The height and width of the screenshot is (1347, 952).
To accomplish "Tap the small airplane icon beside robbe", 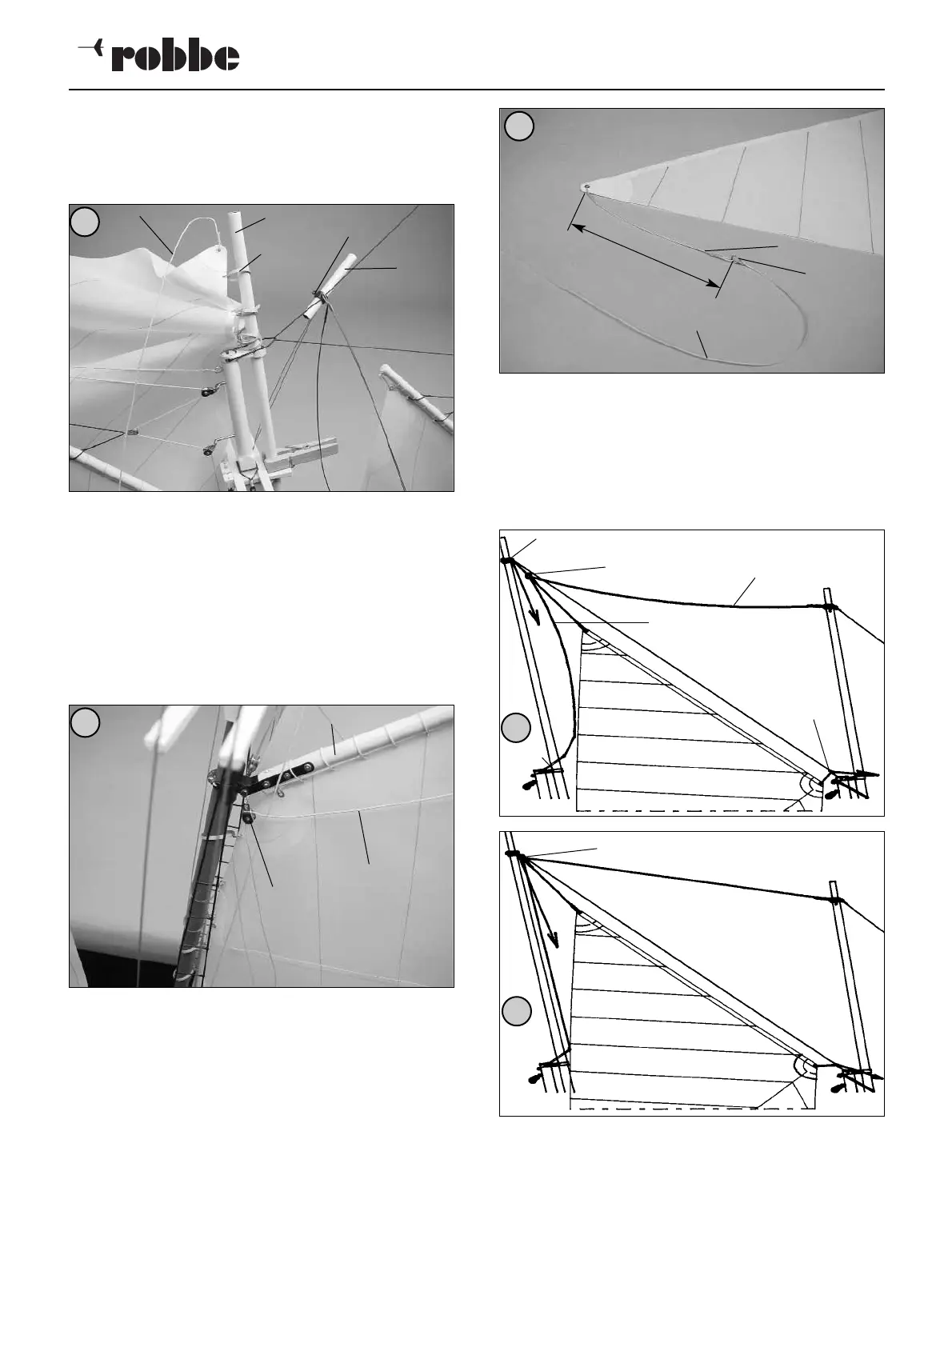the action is [x=90, y=49].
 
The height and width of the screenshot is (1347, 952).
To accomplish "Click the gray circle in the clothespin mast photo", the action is [x=84, y=222].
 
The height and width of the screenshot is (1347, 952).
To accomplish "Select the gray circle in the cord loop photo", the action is [x=519, y=126].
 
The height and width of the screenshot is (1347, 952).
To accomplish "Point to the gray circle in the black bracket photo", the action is [x=84, y=722].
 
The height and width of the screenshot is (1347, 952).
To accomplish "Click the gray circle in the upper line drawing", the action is [x=517, y=728].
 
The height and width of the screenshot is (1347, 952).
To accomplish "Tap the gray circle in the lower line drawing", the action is [x=517, y=1011].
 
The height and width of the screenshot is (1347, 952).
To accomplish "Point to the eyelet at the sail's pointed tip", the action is [x=586, y=188].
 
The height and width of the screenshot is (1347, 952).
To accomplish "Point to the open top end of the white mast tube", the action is [x=235, y=214].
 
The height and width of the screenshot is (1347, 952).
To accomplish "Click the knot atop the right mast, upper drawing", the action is [x=830, y=607].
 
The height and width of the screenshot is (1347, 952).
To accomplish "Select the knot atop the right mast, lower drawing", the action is [x=835, y=901].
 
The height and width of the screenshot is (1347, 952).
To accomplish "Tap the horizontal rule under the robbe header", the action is [x=476, y=90].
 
